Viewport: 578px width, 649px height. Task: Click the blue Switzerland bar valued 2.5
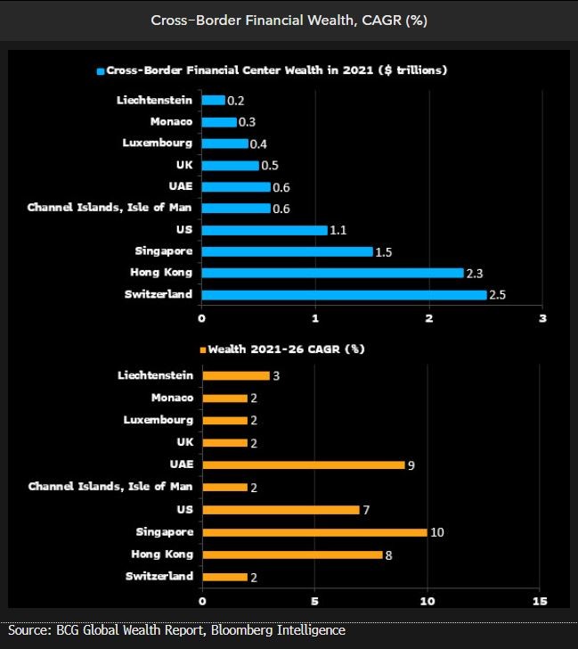coord(344,294)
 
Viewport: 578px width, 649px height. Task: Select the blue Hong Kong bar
coord(332,273)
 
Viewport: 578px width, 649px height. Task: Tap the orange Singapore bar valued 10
coord(314,532)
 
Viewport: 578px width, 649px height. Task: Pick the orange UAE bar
coord(303,464)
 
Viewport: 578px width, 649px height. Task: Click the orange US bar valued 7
coord(281,510)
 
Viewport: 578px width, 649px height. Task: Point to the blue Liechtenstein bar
coord(213,100)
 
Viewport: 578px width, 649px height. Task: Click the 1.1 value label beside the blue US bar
coord(338,230)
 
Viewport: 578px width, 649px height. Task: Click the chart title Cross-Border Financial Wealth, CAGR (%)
coord(289,21)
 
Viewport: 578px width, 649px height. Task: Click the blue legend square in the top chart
coord(101,70)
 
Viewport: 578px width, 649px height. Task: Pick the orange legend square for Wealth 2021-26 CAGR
coord(202,349)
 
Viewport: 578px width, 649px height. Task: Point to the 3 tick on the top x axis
coord(542,317)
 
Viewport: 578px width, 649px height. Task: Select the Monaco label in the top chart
coord(172,121)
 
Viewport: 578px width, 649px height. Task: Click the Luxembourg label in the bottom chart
coord(159,420)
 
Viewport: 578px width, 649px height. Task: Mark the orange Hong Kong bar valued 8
coord(292,555)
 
